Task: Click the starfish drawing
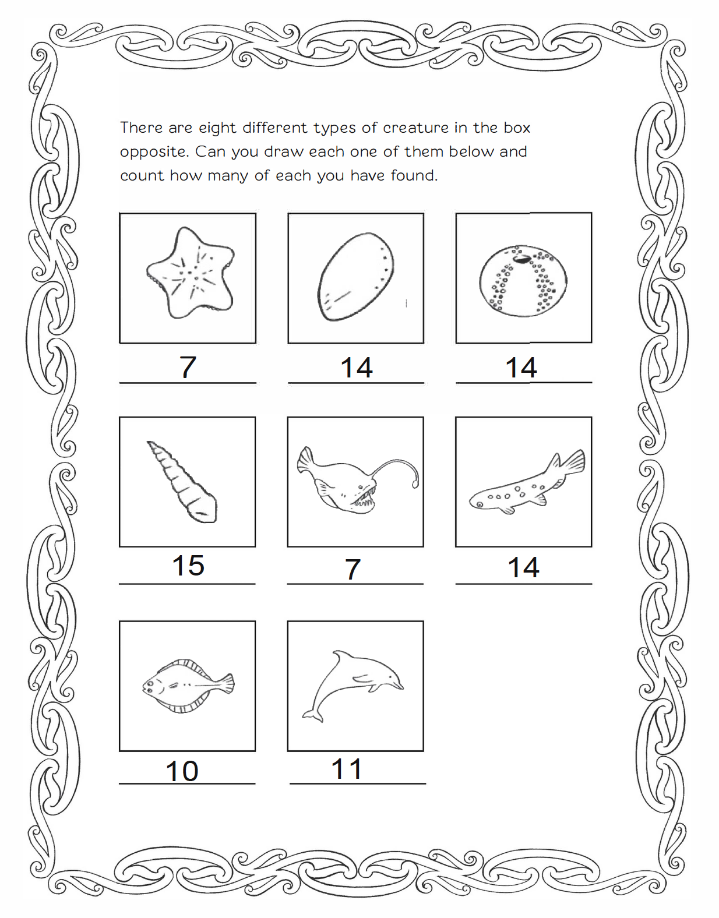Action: coord(190,274)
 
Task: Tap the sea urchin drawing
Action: coord(523,281)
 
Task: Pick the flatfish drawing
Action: coord(188,686)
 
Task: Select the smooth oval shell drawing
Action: coord(356,277)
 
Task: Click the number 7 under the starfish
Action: coord(188,368)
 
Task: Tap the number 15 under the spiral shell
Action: coord(188,566)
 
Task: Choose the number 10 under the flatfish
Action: coord(182,771)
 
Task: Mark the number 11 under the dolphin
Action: coord(347,769)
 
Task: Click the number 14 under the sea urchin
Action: coord(521,368)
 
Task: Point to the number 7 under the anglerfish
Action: coord(353,569)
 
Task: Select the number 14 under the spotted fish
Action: coord(523,567)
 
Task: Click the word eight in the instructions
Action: coord(218,128)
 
